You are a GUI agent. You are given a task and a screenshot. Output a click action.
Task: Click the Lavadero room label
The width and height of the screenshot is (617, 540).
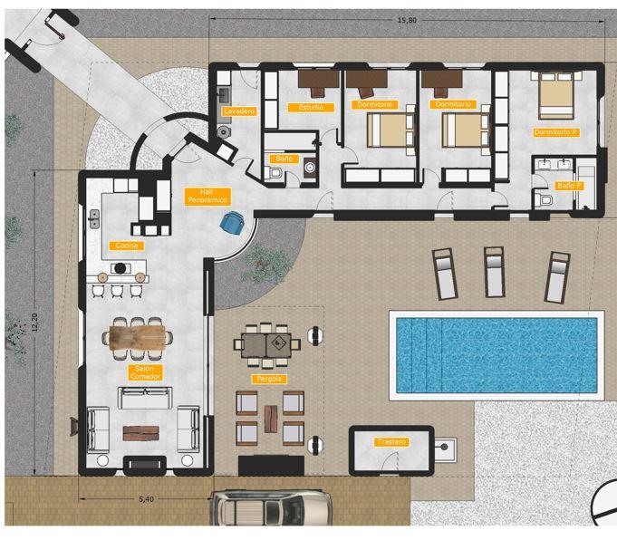tap(239, 111)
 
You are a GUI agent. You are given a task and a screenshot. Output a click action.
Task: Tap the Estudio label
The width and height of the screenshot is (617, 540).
tap(311, 107)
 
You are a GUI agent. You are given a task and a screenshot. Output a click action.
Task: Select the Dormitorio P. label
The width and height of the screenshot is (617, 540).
tap(556, 132)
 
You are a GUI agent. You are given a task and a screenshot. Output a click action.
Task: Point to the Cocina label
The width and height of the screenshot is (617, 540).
tap(124, 246)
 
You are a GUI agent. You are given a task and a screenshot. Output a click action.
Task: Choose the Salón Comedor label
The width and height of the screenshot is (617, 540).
tap(140, 371)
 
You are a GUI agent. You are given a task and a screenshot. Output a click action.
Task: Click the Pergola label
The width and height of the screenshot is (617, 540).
tap(268, 378)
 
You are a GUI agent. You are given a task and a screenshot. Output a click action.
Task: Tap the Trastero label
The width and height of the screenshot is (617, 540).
tap(391, 441)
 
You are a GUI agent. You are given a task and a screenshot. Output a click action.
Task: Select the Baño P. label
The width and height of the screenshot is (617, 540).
tap(569, 185)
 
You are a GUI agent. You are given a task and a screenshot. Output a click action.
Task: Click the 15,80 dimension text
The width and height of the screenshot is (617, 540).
tap(407, 19)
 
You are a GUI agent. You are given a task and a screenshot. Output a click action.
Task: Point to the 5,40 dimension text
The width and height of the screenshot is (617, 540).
tap(145, 499)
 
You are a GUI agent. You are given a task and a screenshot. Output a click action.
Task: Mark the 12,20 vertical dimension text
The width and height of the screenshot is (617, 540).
tap(34, 326)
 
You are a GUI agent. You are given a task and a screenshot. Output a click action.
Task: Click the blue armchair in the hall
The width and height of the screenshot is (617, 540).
tap(234, 221)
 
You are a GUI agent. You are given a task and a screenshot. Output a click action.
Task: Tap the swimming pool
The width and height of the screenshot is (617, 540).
tap(496, 353)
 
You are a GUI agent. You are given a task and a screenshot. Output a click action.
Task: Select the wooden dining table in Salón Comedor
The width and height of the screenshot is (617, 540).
tap(140, 337)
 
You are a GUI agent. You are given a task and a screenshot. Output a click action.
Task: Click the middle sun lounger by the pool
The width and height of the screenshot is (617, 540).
tap(495, 272)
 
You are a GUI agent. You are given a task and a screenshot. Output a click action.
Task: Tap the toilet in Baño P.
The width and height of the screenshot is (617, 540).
tap(545, 200)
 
